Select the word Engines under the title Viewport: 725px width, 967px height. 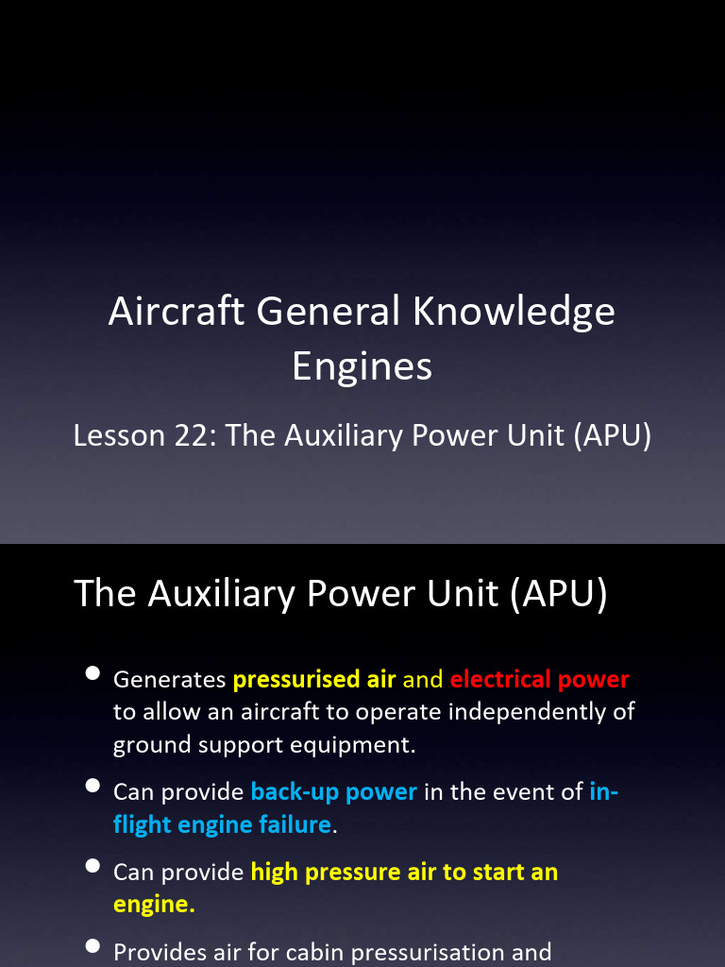tap(362, 366)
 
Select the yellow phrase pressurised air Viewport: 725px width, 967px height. tap(314, 680)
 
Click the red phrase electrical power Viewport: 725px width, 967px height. tap(539, 680)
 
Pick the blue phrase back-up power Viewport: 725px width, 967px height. tap(334, 792)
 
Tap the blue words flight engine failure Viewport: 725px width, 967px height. tap(222, 824)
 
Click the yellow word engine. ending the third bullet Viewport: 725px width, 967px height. tap(154, 904)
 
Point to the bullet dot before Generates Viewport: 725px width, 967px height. tap(93, 673)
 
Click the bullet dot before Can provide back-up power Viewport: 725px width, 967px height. tap(93, 786)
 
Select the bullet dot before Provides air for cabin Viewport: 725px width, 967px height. tap(93, 946)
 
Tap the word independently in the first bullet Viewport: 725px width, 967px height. tap(531, 712)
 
